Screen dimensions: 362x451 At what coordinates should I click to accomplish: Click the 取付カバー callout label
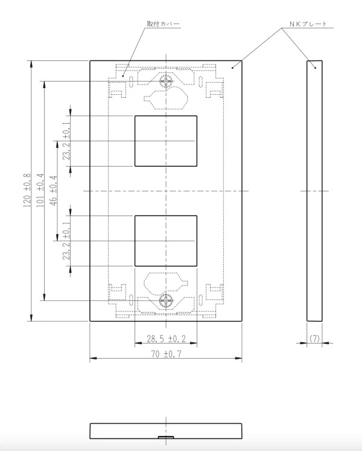pos(164,24)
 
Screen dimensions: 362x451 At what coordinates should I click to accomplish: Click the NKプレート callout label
pos(308,24)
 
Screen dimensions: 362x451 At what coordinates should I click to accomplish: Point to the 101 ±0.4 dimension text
pos(40,190)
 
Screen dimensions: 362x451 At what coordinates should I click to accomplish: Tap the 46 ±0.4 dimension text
pos(54,190)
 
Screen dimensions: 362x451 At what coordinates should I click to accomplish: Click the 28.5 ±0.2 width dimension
pos(166,339)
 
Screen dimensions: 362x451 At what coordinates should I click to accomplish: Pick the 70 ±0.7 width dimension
pos(166,354)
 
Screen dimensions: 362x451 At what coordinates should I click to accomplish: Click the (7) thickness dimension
pos(314,339)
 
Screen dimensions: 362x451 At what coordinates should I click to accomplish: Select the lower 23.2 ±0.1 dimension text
pos(66,241)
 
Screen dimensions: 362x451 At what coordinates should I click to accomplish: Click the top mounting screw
pos(166,82)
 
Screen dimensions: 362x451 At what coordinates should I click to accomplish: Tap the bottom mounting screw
pos(166,301)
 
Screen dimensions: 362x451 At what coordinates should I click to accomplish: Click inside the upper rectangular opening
pos(166,141)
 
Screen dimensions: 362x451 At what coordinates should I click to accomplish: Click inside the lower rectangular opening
pos(166,241)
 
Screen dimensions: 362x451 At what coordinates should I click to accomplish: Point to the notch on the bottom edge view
pos(166,437)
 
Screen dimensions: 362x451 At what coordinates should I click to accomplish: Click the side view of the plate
pos(314,191)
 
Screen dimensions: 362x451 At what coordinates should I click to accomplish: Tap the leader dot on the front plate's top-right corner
pos(232,68)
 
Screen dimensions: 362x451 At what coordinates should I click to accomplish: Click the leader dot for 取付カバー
pos(122,76)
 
